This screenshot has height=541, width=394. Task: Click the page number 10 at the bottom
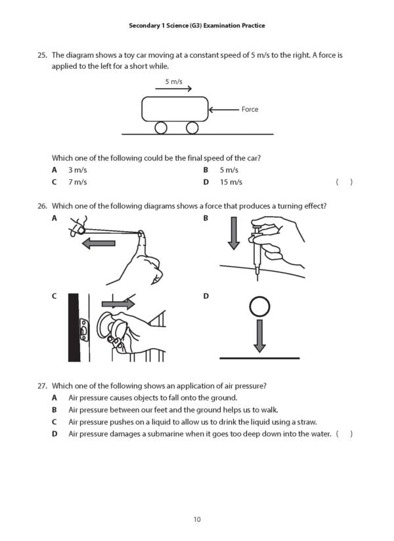197,519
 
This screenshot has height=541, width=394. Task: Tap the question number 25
43,55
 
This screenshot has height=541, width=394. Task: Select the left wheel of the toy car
161,127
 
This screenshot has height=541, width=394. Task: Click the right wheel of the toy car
192,127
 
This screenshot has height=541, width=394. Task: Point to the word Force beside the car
250,109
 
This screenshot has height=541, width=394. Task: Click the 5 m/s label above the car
173,81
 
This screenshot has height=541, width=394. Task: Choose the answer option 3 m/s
77,169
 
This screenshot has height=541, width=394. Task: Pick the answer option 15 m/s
230,182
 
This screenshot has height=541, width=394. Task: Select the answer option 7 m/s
77,182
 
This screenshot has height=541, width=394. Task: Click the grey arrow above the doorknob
118,304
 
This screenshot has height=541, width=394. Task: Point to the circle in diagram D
259,307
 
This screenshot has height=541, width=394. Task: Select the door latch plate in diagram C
83,332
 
